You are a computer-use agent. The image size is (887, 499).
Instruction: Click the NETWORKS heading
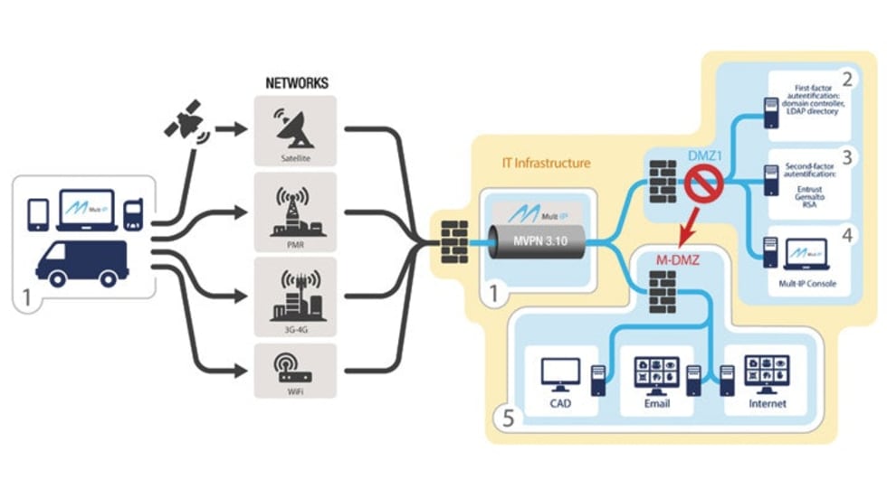(x=296, y=82)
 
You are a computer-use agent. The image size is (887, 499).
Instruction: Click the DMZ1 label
(x=704, y=155)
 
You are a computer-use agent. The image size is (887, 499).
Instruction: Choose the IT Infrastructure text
(x=546, y=164)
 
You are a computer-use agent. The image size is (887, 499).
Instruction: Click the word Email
(x=657, y=403)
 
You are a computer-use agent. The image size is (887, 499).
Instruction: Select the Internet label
(x=768, y=403)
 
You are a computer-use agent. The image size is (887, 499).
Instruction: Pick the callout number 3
(x=846, y=156)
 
